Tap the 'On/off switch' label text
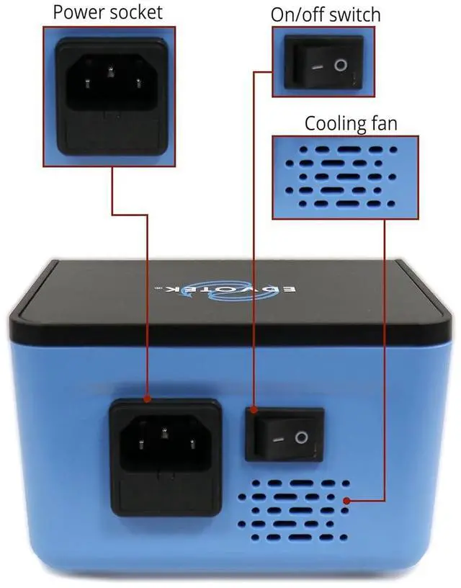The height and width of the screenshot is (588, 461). (x=325, y=14)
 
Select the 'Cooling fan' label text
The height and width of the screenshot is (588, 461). (x=350, y=122)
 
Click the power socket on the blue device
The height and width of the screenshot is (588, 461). (x=165, y=445)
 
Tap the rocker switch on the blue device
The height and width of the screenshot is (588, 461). (x=285, y=434)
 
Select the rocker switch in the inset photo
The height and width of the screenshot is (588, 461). (x=324, y=64)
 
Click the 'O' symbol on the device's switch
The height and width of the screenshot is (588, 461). (x=301, y=437)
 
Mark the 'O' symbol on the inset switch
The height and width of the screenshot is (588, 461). (x=341, y=66)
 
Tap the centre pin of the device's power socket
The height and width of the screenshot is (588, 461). (x=165, y=434)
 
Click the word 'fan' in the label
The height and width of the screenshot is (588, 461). (x=382, y=122)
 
